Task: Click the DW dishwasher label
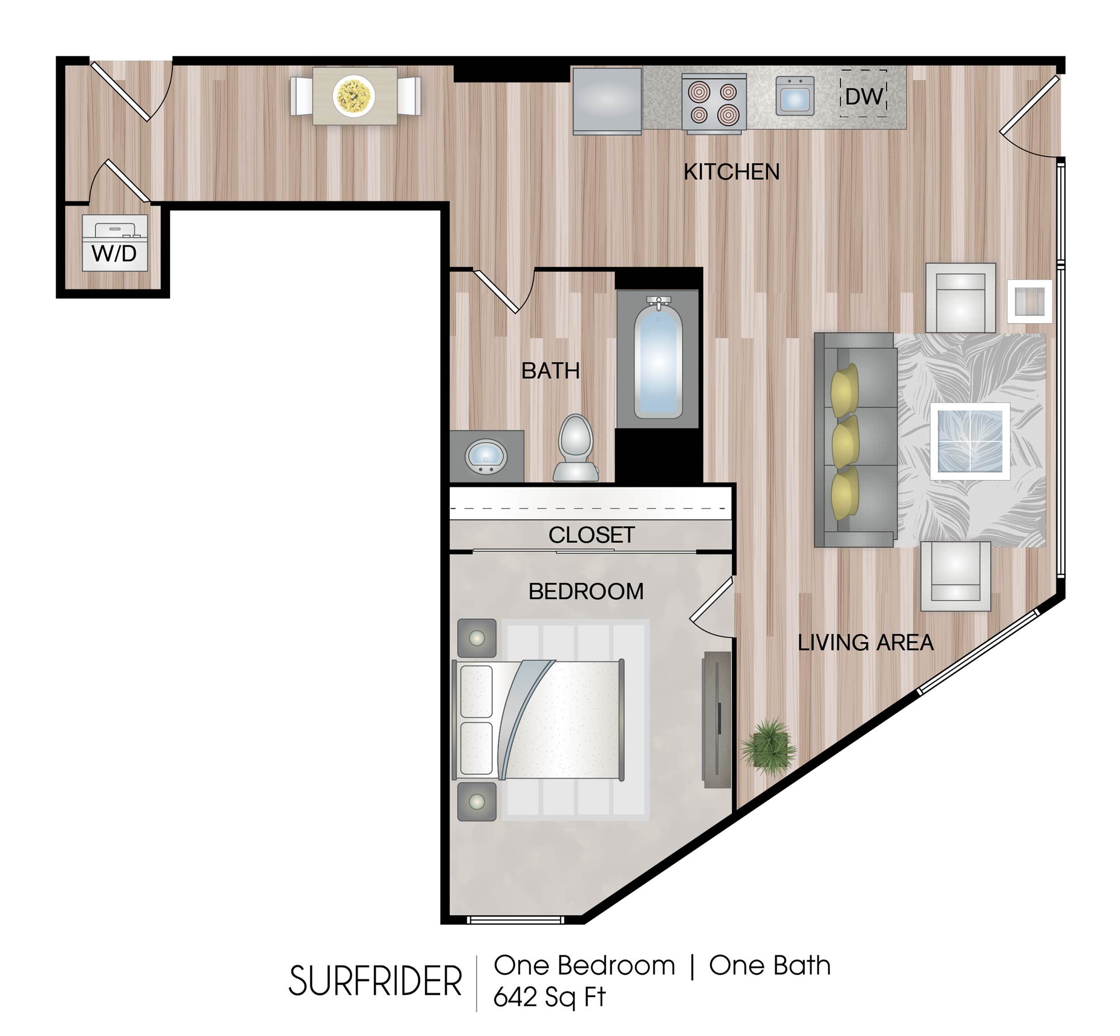point(864,96)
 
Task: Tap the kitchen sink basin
point(795,96)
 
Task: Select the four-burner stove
point(713,104)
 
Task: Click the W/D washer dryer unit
point(115,243)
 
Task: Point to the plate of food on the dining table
point(353,96)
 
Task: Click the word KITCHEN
point(731,171)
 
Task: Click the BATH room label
point(550,370)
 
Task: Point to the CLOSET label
point(591,535)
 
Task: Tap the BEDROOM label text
point(586,591)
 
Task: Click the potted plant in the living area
point(769,747)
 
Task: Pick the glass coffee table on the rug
point(970,441)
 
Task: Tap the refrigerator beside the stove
point(607,101)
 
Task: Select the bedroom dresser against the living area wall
point(717,720)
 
